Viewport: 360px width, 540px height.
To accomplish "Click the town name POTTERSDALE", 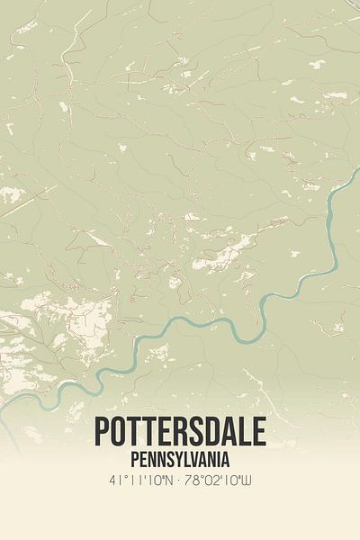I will click(180, 433).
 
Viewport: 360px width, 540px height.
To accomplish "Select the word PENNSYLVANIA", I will click(180, 460).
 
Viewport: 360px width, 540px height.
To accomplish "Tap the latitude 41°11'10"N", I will click(143, 481).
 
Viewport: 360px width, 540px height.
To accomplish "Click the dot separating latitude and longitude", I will click(182, 481).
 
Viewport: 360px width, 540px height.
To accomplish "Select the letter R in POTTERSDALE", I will click(180, 433).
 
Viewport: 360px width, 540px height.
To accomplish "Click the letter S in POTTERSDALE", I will click(196, 433).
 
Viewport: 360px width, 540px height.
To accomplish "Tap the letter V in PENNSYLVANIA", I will click(193, 460).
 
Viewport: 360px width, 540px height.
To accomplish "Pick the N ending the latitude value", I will click(172, 481).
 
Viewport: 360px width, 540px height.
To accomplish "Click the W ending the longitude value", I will click(247, 481).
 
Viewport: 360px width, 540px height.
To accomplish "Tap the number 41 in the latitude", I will click(114, 481).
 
